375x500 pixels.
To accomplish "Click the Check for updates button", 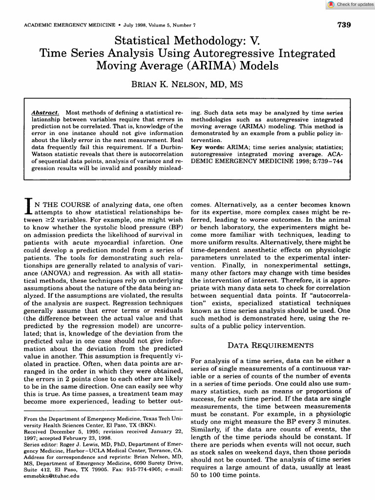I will pyautogui.click(x=351, y=4).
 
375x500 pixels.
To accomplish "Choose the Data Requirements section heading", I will pyautogui.click(x=271, y=345).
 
